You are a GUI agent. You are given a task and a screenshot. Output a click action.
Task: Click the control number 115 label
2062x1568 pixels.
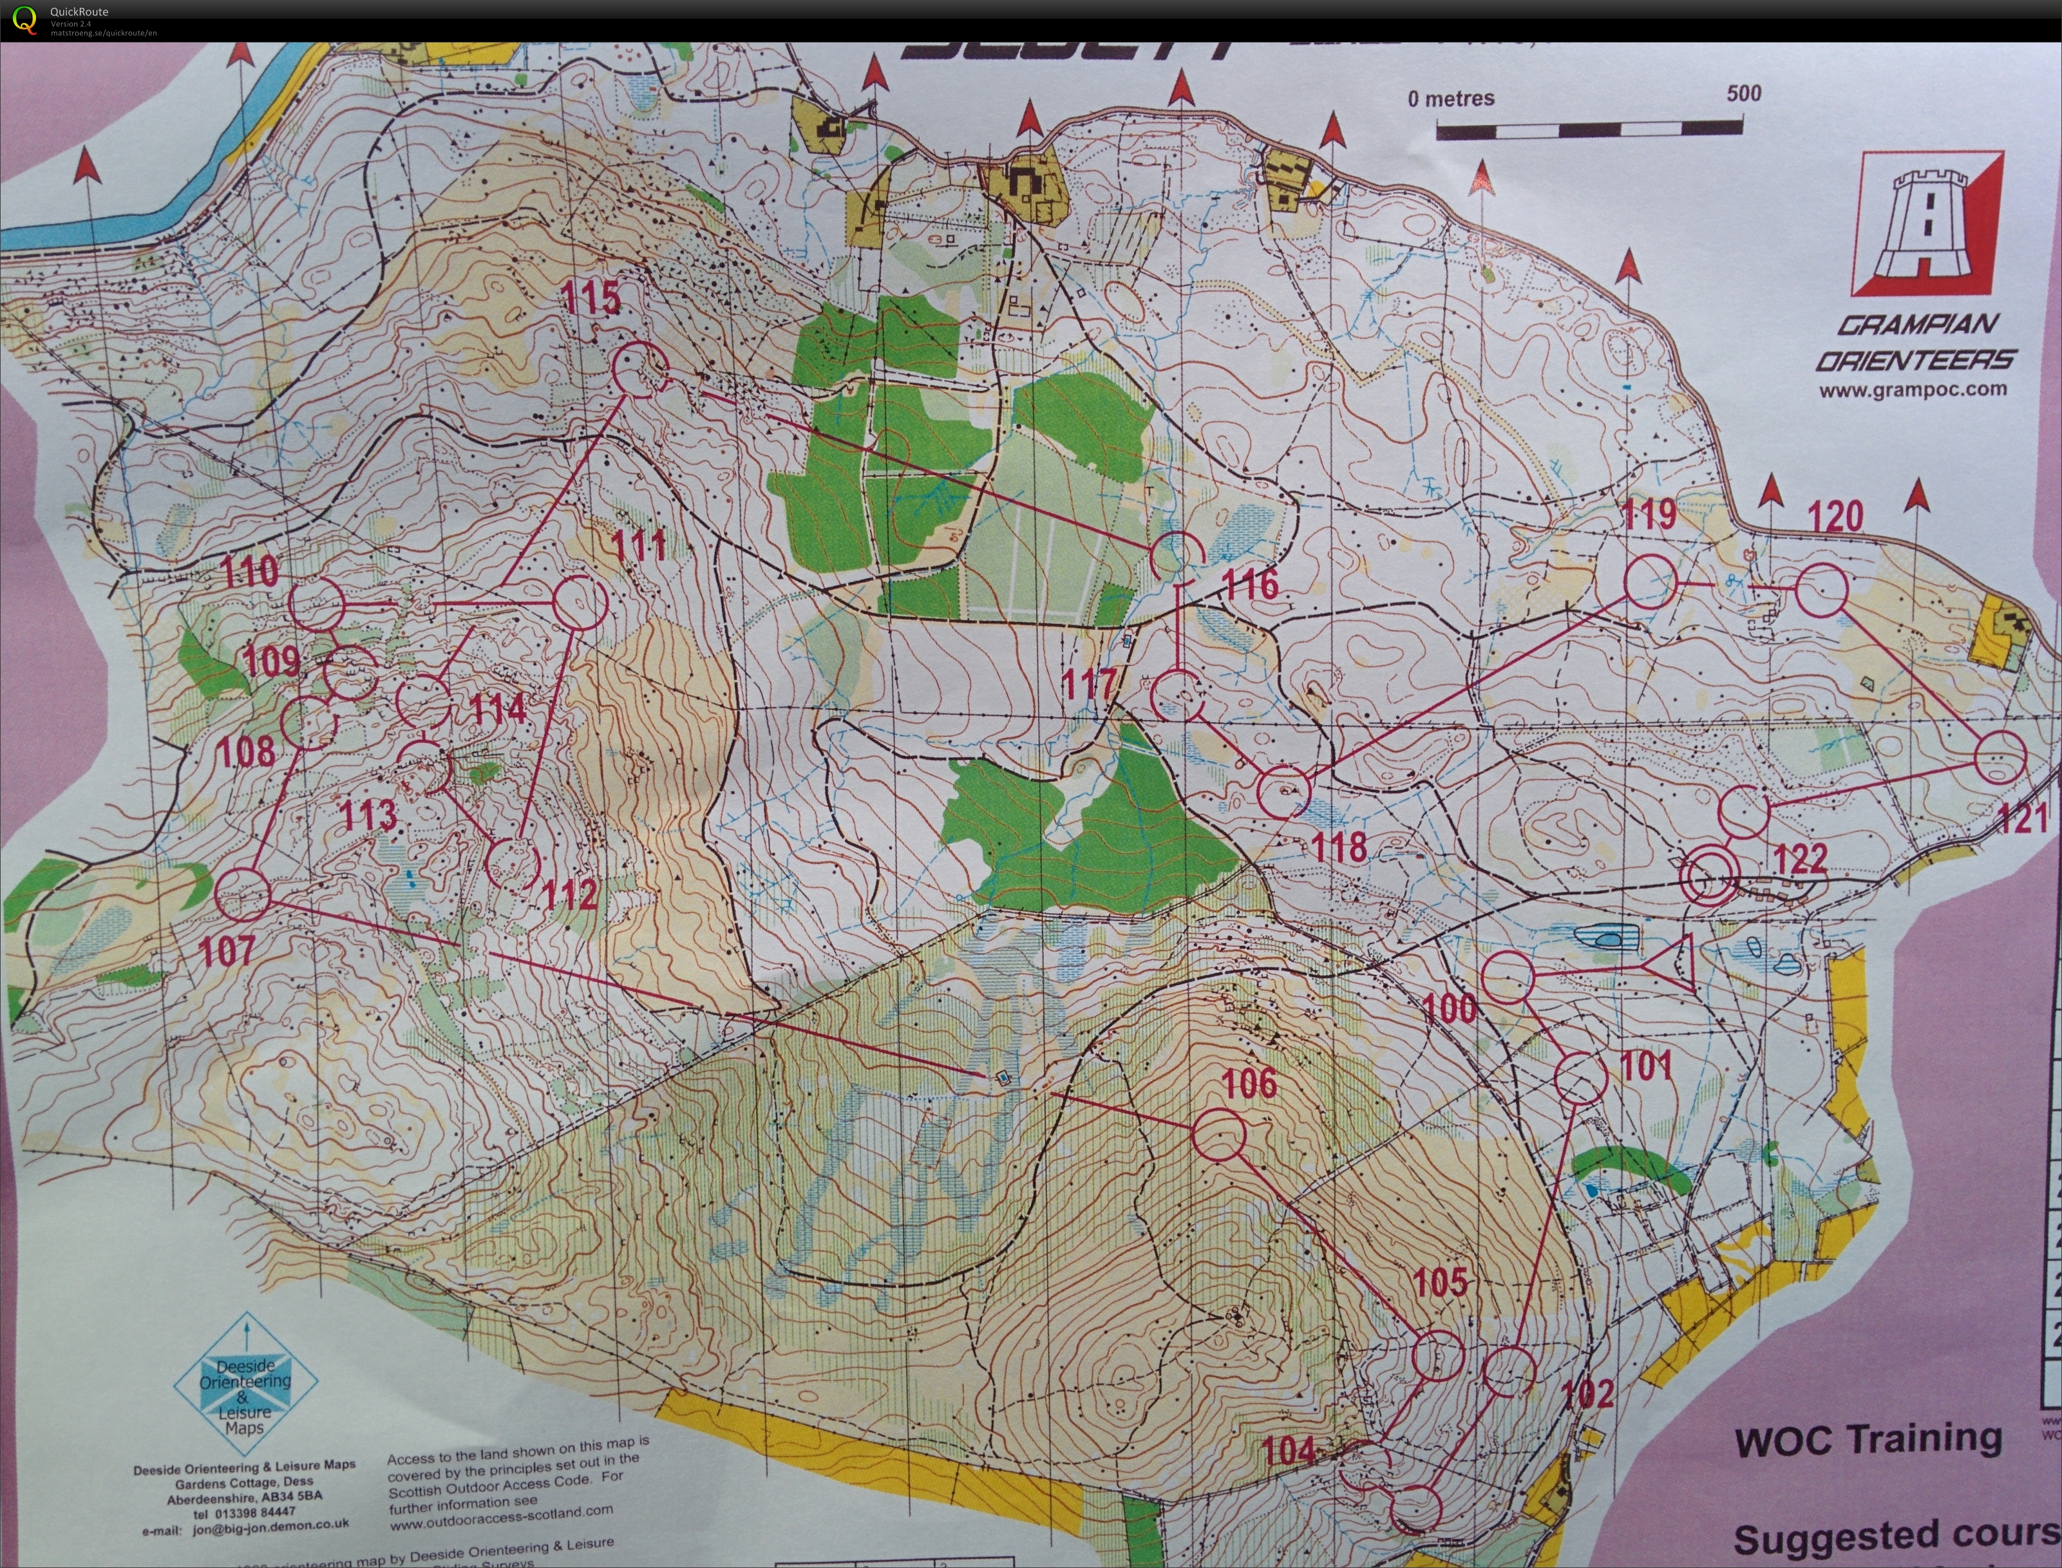[591, 298]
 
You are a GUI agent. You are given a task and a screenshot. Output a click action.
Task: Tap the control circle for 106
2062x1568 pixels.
[1219, 1135]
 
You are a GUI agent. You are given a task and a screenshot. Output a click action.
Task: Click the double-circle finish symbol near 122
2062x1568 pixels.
[1709, 876]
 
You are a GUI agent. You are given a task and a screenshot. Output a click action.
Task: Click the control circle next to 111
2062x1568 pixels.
[581, 602]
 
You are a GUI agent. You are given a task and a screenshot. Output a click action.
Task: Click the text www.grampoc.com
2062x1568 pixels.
[1912, 389]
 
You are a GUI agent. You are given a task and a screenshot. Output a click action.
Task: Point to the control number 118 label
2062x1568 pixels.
[1339, 847]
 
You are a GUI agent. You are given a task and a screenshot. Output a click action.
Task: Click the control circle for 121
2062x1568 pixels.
[2000, 756]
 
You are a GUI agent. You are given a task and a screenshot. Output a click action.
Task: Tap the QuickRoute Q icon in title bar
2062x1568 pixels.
[24, 19]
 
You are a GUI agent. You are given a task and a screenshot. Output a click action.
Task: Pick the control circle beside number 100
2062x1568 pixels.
[1508, 978]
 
